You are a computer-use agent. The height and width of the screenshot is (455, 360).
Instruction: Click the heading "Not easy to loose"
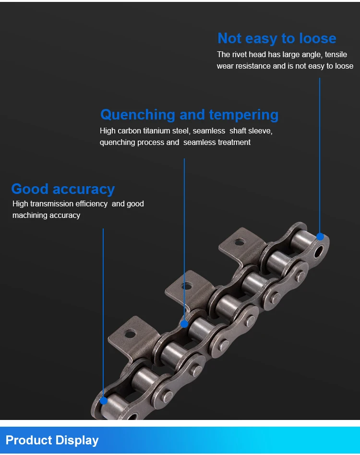coord(276,38)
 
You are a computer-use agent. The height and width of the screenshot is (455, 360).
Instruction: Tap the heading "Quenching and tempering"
coord(189,115)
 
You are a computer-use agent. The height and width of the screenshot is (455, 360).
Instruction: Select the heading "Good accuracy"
coord(63,189)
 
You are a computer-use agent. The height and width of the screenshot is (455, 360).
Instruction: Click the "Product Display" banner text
coord(52,440)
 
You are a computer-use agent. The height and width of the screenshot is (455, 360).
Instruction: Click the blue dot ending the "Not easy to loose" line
coord(320,237)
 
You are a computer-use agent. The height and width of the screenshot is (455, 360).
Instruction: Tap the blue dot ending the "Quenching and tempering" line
coord(184,324)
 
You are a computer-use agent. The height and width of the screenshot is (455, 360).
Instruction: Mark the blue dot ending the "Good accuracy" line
coord(103,399)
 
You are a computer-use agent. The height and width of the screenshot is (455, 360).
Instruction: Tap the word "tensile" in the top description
coord(336,55)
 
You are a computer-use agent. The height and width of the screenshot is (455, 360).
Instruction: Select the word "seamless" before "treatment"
coord(199,143)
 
